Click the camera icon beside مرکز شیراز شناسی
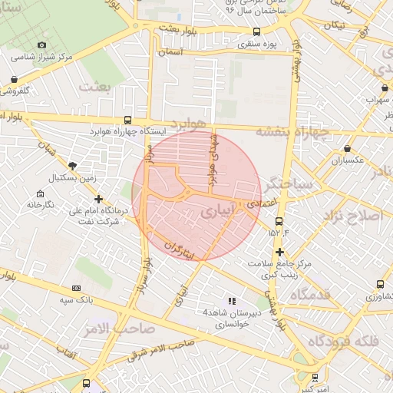click(x=41, y=45)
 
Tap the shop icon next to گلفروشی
click(x=15, y=78)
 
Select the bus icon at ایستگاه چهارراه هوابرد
click(x=127, y=120)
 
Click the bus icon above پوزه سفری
click(x=256, y=32)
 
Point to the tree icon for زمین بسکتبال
click(x=73, y=165)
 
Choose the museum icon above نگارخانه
click(x=40, y=193)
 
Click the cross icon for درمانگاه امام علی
click(x=98, y=199)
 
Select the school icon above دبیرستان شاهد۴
click(x=232, y=301)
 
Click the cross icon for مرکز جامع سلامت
click(x=279, y=252)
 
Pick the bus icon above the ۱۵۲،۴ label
click(x=278, y=221)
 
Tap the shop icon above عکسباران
click(x=348, y=148)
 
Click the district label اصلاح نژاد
click(x=353, y=215)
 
